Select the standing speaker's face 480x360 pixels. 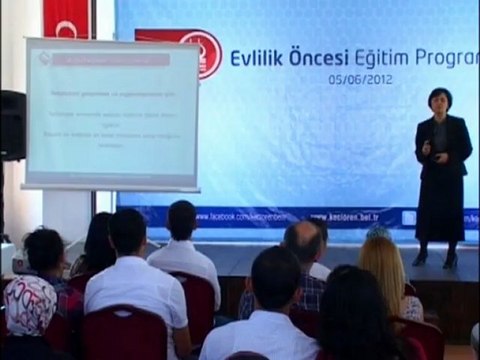coord(439,103)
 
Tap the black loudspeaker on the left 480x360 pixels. coord(12,125)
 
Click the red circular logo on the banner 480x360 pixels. coord(205,50)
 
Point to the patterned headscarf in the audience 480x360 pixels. coord(30,304)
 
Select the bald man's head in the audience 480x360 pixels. coord(304,243)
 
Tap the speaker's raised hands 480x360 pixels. coord(427,149)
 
